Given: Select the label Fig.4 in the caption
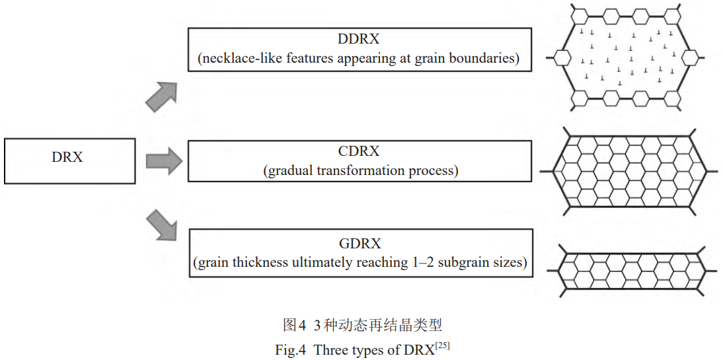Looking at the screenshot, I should (x=291, y=350).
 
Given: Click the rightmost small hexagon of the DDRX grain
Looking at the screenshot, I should (x=691, y=58).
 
